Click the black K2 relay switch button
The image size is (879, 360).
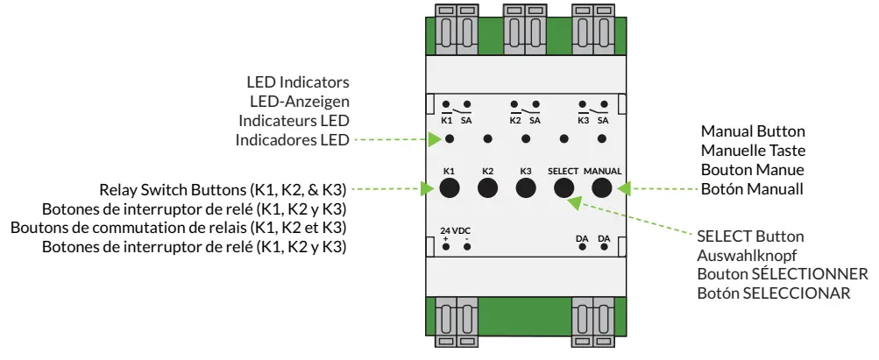pyautogui.click(x=487, y=187)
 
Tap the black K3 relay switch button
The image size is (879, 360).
pyautogui.click(x=526, y=187)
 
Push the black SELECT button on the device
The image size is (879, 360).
pyautogui.click(x=564, y=187)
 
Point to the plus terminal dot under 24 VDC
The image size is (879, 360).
pyautogui.click(x=446, y=247)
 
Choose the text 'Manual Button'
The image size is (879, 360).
pyautogui.click(x=753, y=131)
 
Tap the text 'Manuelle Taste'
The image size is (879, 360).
pyautogui.click(x=753, y=150)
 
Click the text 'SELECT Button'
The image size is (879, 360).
pyautogui.click(x=750, y=237)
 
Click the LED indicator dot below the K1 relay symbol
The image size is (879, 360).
pyautogui.click(x=449, y=139)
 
